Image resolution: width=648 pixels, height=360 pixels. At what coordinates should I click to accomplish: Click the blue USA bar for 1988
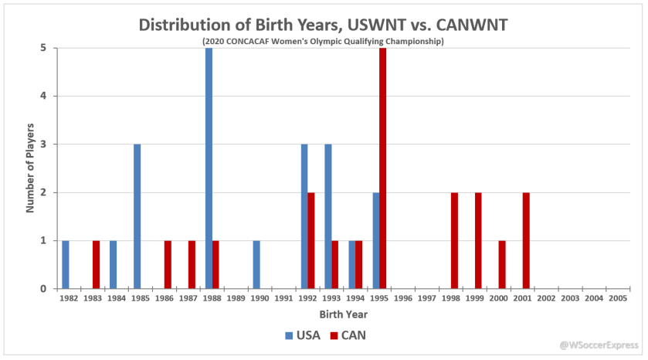coord(209,168)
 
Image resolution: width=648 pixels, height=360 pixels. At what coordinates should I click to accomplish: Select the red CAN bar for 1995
coord(383,168)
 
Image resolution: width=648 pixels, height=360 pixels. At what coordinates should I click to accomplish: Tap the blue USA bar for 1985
coord(137,216)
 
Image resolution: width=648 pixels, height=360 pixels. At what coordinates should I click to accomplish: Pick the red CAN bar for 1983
coord(96,264)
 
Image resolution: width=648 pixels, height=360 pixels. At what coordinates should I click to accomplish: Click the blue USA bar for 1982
coord(66,264)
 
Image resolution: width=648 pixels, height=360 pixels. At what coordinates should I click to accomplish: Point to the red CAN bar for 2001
coord(526,240)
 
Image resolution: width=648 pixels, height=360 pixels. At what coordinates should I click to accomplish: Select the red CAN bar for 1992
coord(311,240)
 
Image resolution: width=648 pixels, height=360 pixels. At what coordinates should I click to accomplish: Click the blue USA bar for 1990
coord(256,264)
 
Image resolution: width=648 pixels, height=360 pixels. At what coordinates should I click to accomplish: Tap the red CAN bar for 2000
coord(502,264)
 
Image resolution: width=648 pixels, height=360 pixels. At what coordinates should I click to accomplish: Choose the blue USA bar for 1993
coord(327,216)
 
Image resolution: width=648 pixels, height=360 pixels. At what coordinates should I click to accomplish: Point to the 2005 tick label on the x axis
coord(616,297)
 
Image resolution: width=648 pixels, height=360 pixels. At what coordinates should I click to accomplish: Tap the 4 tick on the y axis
coord(43,96)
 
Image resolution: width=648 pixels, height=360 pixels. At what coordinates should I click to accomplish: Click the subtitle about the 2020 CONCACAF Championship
coord(323,40)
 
